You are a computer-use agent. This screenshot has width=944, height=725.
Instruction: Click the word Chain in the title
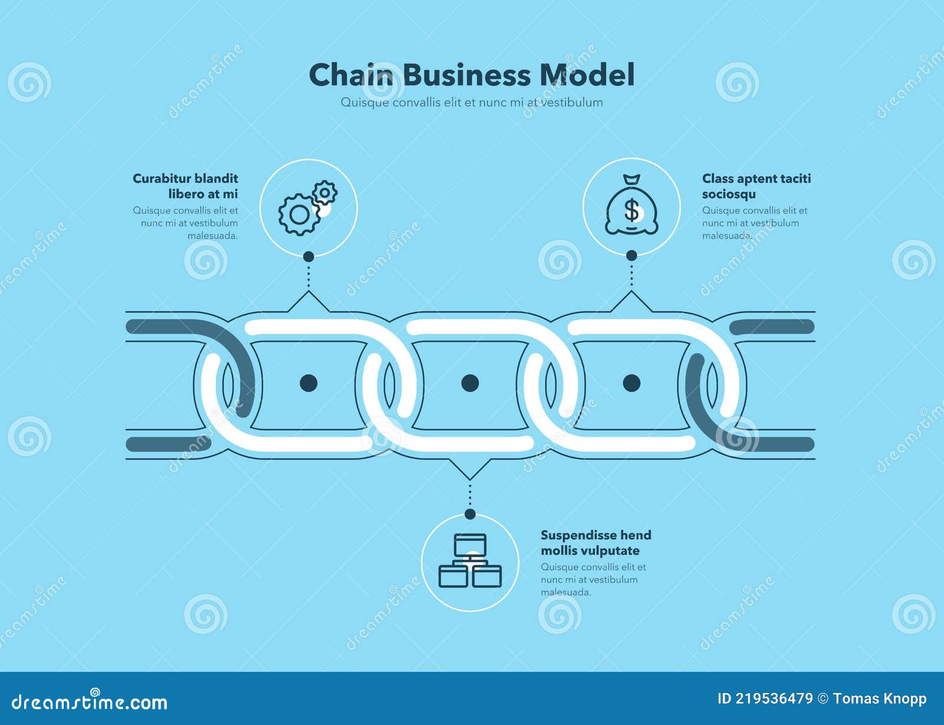pos(351,76)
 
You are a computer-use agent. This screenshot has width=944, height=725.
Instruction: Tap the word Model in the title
pos(587,76)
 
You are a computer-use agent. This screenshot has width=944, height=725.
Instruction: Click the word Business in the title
pos(467,76)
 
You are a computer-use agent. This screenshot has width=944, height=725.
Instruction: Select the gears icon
pos(307,207)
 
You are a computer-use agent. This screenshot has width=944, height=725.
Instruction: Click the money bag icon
pos(631,206)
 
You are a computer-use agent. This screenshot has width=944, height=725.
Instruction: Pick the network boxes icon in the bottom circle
pos(470,561)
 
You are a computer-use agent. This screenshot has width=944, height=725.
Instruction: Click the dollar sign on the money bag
pos(632,210)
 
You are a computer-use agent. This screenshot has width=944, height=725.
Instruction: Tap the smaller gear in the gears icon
pos(324,192)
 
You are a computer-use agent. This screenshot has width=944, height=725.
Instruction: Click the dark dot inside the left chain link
pos(309,383)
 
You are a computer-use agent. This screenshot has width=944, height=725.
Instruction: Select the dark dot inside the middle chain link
pos(470,383)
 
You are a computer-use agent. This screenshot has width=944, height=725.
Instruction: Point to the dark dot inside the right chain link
pos(631,383)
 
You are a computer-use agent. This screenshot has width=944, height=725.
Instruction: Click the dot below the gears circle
pos(308,256)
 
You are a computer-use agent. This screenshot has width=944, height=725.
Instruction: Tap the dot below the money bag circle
pos(631,256)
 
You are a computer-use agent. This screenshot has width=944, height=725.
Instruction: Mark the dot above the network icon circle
pos(470,514)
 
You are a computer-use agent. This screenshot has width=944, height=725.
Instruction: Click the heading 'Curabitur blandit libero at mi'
pos(185,186)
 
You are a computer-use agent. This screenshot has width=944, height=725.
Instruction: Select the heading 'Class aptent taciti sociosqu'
pos(756,186)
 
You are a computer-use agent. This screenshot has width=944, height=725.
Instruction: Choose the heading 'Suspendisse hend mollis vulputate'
pos(596,543)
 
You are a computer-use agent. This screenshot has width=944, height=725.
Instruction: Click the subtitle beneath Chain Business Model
pos(471,102)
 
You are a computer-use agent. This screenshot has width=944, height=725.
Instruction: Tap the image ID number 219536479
pos(773,699)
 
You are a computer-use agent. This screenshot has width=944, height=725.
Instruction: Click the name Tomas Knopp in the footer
pos(880,699)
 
